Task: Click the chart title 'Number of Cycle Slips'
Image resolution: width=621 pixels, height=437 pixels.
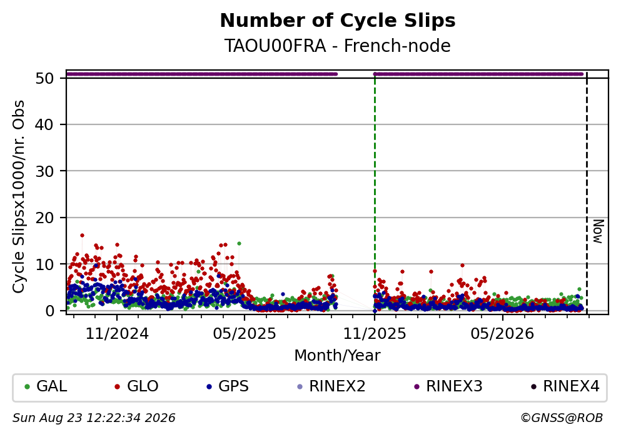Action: point(338,21)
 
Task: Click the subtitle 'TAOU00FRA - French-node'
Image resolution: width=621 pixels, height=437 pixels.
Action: point(338,46)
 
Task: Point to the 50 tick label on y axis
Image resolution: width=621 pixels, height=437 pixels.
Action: point(44,78)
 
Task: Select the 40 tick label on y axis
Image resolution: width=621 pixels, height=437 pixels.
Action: point(44,124)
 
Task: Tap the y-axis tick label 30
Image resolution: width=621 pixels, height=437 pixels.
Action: point(44,171)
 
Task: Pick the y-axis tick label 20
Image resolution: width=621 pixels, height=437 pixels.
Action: point(44,218)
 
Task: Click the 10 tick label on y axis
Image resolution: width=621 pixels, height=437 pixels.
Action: point(44,264)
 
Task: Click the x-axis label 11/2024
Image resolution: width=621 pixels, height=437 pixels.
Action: point(117,334)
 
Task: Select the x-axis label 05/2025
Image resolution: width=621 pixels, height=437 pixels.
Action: point(245,334)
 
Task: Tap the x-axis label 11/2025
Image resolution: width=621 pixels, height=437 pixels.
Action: point(375,334)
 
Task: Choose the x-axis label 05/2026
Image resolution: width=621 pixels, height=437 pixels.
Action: point(502,334)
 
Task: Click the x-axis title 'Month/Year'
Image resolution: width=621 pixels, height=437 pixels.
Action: point(338,356)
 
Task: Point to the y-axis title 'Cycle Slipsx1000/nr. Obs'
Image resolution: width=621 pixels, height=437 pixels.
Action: point(19,197)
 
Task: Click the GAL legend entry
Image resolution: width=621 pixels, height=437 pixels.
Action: point(46,386)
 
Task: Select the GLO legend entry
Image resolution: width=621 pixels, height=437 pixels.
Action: point(136,386)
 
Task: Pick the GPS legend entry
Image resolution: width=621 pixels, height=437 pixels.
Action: point(228,386)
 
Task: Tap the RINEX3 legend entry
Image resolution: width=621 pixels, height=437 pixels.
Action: point(448,386)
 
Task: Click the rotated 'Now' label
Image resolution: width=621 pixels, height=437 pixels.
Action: point(598,231)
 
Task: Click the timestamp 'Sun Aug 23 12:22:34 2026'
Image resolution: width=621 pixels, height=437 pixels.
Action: point(94,418)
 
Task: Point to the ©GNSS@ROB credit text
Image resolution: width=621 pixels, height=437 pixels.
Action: point(562,418)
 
